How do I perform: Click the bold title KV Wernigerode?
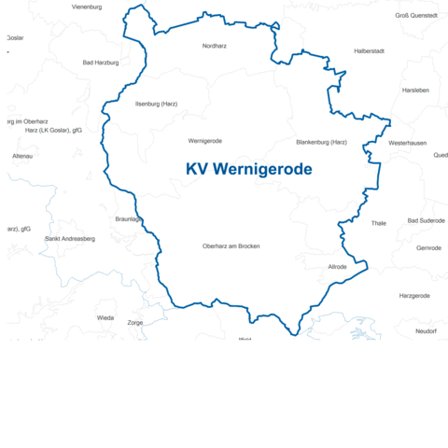point(249,169)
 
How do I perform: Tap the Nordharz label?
point(215,45)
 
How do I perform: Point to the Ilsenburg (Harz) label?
point(156,104)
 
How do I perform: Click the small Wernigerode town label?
point(204,141)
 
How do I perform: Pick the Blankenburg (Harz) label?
point(321,142)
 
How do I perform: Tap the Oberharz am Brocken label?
point(231,246)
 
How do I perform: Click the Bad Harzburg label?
point(101,63)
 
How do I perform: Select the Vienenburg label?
point(87,7)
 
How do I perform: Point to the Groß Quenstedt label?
point(415,16)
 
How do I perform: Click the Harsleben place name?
point(415,91)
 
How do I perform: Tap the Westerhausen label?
point(408,143)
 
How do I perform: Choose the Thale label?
point(378,223)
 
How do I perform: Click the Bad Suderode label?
point(427,221)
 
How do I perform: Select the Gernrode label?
point(428,248)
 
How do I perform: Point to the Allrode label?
point(337,267)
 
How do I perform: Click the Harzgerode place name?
point(414,296)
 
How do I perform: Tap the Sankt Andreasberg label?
point(70,239)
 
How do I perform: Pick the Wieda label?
point(105,317)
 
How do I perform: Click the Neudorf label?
point(426,331)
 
